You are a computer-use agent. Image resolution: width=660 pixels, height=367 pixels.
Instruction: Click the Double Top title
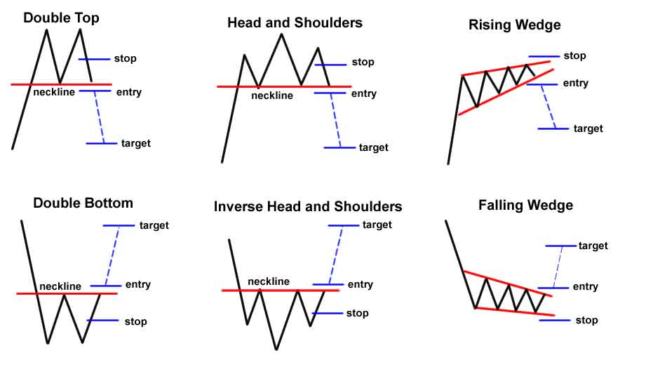pos(62,18)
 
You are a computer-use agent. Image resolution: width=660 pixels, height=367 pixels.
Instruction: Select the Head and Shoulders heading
pos(295,22)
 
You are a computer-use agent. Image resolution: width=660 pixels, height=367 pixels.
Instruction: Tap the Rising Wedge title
pos(514,25)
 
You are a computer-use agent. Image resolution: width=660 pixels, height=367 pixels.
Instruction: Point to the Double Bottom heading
pos(83,203)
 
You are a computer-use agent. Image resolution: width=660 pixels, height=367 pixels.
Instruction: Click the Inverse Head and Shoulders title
pos(308,206)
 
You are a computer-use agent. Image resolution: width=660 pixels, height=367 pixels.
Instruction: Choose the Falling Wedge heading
pos(526,205)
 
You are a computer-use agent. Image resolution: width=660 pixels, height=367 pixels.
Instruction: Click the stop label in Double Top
pos(125,58)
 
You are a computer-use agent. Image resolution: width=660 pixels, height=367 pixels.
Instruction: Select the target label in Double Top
pos(135,143)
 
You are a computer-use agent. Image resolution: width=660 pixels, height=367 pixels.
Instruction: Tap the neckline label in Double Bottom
pos(60,286)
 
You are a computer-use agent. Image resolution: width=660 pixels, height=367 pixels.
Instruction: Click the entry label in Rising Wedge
pos(575,83)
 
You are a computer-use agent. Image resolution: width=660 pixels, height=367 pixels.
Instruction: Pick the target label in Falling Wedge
pos(593,246)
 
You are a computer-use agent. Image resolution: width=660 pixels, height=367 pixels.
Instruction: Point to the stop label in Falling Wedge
pos(586,320)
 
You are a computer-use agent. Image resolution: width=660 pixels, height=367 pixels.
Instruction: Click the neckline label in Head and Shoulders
pos(272,95)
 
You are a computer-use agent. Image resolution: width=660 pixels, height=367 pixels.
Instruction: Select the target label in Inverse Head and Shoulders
pos(377,225)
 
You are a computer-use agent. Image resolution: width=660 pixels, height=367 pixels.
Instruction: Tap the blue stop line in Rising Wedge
pos(544,56)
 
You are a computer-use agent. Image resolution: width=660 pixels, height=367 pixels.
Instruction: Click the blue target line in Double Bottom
pos(119,225)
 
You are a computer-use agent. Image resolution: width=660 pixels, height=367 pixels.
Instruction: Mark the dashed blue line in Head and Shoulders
pos(335,120)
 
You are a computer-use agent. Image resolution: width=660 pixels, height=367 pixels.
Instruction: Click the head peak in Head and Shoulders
pos(281,34)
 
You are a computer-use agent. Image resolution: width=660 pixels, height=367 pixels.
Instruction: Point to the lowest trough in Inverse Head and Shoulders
pos(276,349)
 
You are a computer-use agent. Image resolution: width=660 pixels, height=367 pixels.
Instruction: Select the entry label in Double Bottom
pos(137,285)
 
